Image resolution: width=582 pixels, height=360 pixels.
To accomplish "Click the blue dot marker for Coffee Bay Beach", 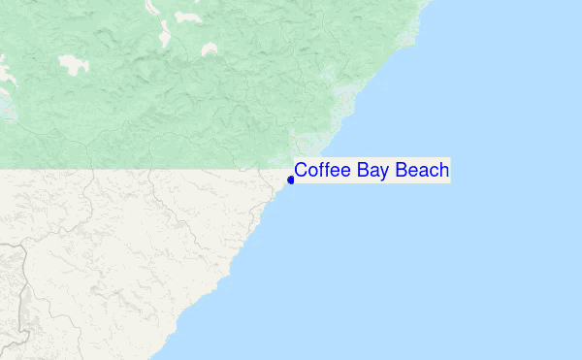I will [291, 180].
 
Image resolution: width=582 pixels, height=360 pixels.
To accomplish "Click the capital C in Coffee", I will [302, 171].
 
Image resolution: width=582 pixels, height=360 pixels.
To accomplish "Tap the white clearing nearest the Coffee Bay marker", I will [208, 49].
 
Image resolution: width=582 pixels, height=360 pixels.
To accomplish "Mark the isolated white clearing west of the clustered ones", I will [73, 65].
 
